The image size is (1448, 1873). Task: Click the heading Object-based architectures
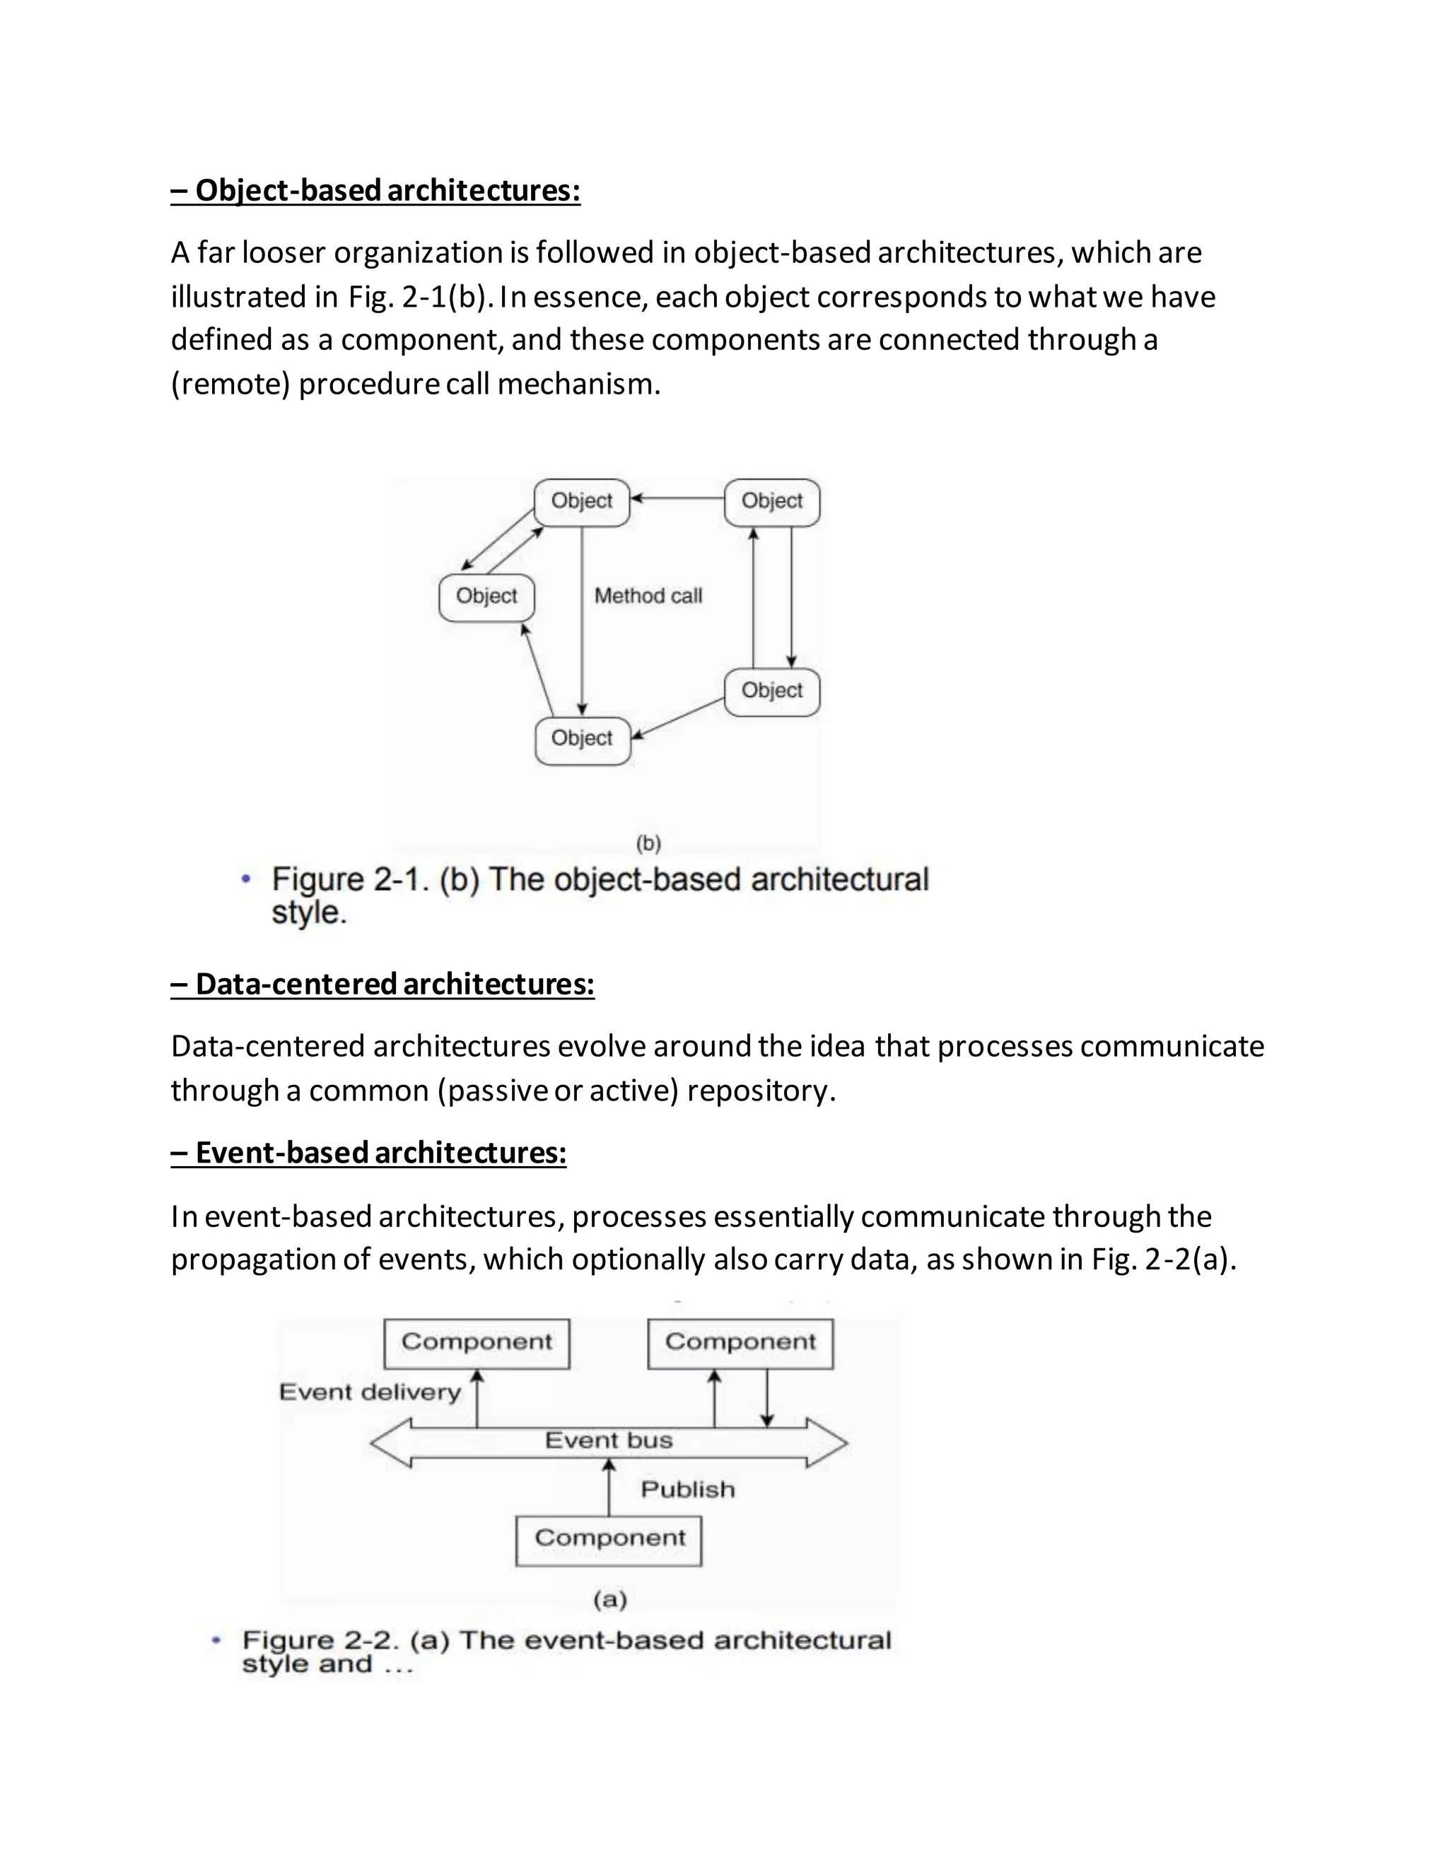pos(375,190)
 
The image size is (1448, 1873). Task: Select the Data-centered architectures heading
pos(383,984)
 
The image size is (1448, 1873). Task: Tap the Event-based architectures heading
pos(369,1153)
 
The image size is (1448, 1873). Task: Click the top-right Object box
pos(772,502)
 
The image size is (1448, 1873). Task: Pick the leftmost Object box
pos(486,597)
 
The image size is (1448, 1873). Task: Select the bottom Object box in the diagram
pos(583,739)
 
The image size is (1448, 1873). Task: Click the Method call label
pos(648,596)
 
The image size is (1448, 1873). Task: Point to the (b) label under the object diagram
pos(648,844)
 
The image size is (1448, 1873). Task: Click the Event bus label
pos(608,1440)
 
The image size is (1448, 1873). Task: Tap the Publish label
pos(688,1490)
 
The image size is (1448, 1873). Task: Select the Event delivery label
pos(370,1391)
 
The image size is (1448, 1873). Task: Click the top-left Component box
pos(477,1342)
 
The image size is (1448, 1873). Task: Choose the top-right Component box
pos(740,1342)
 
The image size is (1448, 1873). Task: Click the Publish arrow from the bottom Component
pos(609,1489)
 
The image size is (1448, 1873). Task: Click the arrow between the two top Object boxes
pos(677,498)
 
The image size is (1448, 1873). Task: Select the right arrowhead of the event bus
pos(828,1443)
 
